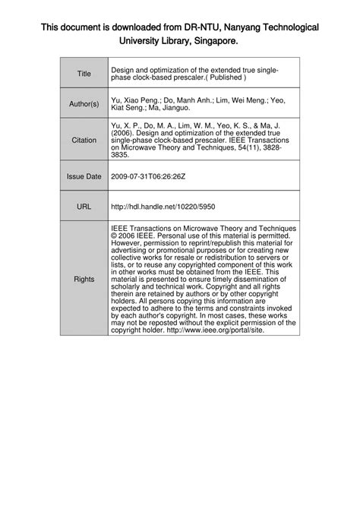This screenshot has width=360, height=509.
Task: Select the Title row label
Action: coord(84,74)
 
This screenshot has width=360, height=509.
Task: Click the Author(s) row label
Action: coord(84,103)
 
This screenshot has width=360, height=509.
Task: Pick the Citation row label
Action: coord(84,140)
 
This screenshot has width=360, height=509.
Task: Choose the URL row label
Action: coord(84,204)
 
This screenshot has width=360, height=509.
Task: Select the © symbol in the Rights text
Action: coord(115,235)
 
